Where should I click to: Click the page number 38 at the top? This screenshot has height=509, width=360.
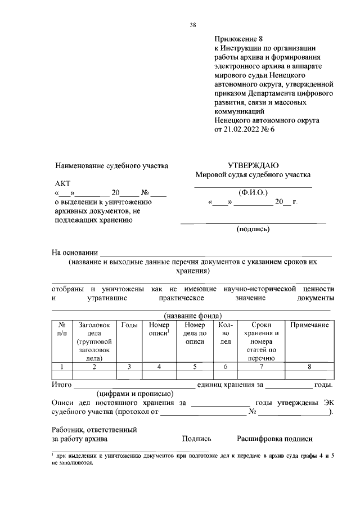(193, 25)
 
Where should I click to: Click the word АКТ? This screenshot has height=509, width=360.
(63, 184)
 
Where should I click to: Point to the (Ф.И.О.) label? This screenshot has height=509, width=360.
(253, 192)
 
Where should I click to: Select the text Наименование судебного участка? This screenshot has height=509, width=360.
(112, 166)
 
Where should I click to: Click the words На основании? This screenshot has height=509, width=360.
(75, 253)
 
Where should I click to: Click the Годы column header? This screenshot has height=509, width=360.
(129, 325)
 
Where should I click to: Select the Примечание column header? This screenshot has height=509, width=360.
(309, 325)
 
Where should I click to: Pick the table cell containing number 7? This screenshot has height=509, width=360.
(260, 367)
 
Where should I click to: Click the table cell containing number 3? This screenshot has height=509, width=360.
(129, 367)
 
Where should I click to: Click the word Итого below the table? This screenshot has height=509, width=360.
(61, 385)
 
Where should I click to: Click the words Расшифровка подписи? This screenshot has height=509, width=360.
(274, 439)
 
